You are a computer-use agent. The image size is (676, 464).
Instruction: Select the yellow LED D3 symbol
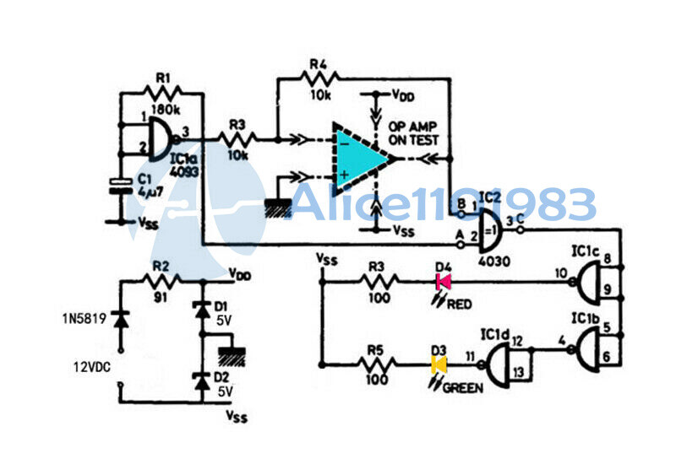439,365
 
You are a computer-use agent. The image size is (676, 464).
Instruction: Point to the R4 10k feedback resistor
319,79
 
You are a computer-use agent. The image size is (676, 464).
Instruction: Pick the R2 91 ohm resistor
161,282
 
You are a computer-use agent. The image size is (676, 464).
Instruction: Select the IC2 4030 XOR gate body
488,236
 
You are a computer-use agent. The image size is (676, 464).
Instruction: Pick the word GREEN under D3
465,388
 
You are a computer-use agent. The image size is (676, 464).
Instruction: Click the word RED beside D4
460,305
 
